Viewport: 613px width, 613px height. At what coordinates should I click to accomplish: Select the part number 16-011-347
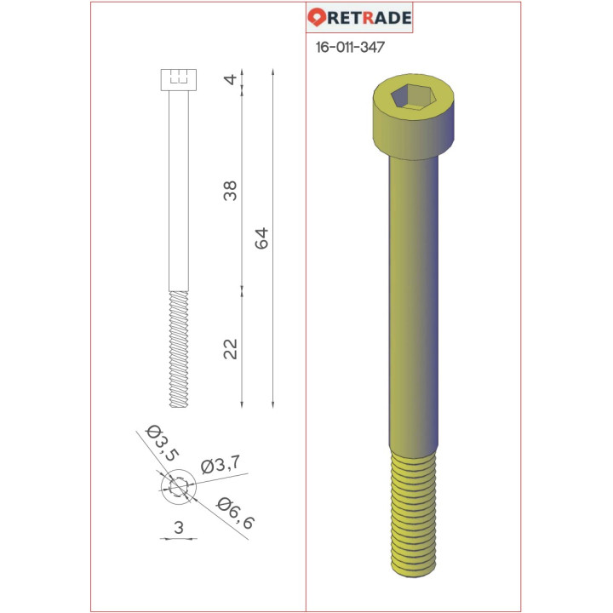pyautogui.click(x=349, y=48)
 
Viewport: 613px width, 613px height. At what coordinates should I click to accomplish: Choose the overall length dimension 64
pyautogui.click(x=261, y=238)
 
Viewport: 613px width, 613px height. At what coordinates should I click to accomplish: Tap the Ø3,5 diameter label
pyautogui.click(x=163, y=442)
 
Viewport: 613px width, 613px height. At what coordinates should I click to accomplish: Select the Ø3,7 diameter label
pyautogui.click(x=219, y=465)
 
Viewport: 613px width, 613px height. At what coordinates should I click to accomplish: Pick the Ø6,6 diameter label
pyautogui.click(x=236, y=513)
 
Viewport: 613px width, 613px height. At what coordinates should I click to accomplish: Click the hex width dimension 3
pyautogui.click(x=178, y=528)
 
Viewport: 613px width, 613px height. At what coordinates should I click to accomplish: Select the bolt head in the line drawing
pyautogui.click(x=178, y=81)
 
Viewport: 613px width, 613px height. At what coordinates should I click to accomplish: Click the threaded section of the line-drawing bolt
pyautogui.click(x=178, y=349)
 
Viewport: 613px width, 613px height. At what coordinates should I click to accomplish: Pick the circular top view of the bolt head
pyautogui.click(x=178, y=488)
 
